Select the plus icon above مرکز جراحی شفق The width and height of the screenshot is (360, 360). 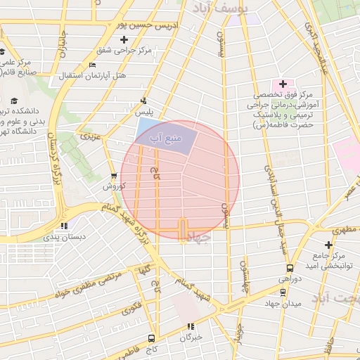coord(124,39)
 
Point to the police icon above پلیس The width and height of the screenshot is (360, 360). coord(144,101)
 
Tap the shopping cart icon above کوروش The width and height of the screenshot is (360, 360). coord(114,176)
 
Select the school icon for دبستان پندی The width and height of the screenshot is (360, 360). coord(65,226)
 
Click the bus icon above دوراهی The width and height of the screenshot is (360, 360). coord(290,268)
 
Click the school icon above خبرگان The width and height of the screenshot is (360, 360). coord(190,326)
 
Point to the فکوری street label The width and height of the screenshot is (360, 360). coord(131,308)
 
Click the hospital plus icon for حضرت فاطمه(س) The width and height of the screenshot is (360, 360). coord(283,83)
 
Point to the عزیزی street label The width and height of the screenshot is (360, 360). coord(91,133)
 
